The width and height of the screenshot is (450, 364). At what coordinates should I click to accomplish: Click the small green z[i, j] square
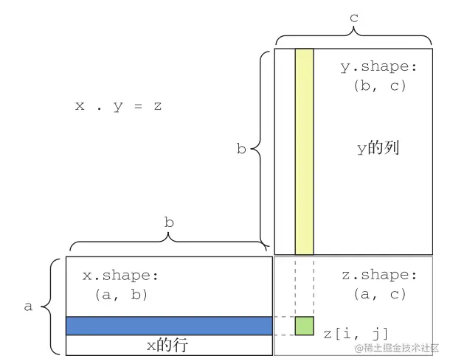click(304, 325)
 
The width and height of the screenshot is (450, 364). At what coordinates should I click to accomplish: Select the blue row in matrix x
click(169, 326)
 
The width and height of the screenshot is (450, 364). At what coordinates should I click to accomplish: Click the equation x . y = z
click(118, 106)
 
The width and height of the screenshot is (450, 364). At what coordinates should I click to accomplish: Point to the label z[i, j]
click(356, 334)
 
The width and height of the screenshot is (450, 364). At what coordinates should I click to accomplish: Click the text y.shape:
click(378, 67)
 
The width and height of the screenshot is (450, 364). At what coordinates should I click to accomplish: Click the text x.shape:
click(120, 276)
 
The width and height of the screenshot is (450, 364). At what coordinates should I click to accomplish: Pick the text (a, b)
click(122, 295)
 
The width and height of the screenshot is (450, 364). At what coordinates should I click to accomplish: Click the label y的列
click(378, 148)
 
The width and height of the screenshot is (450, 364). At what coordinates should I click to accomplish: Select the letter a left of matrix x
click(28, 307)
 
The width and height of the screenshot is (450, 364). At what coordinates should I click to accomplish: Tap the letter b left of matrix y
click(240, 149)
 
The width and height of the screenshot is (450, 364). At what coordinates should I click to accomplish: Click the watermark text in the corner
click(398, 347)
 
